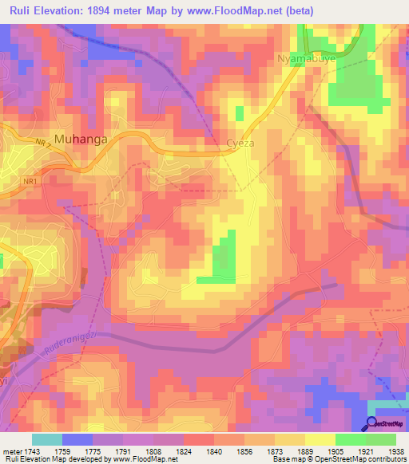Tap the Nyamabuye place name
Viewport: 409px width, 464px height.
tap(304, 59)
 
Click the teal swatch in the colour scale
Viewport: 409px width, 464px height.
tap(46, 438)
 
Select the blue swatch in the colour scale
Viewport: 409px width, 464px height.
tap(77, 438)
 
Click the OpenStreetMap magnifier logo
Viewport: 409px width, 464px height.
tap(373, 423)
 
